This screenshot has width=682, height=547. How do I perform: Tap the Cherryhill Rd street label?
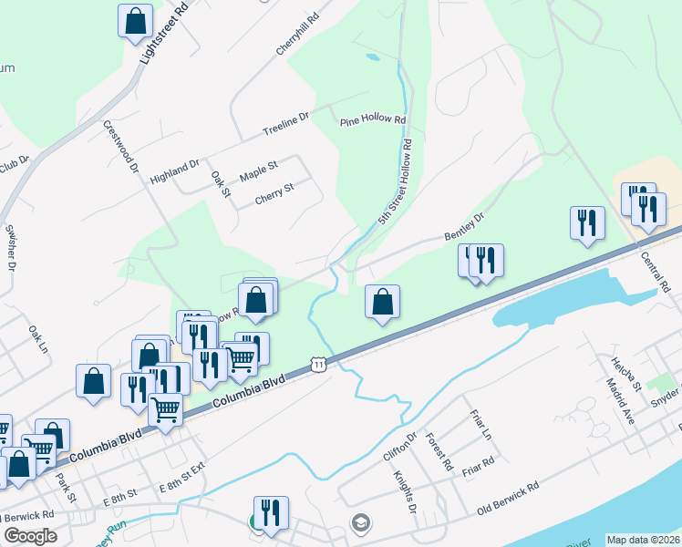(299, 33)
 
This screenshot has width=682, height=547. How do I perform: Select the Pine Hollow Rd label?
(372, 120)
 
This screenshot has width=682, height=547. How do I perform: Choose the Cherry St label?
(274, 189)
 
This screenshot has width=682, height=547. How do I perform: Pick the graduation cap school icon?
(361, 521)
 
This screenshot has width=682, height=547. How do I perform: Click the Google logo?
(30, 536)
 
